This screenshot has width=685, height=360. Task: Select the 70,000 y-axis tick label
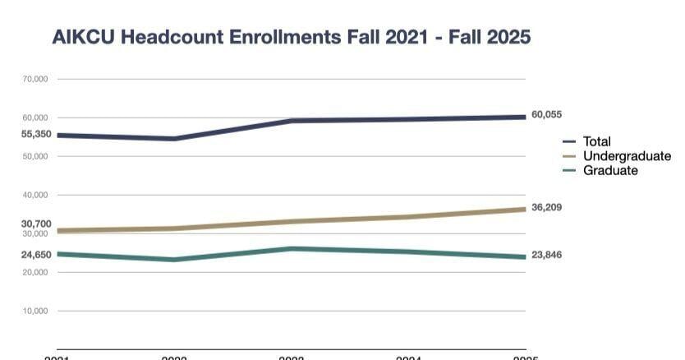pyautogui.click(x=35, y=79)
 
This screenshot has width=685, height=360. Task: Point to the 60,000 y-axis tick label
pyautogui.click(x=35, y=118)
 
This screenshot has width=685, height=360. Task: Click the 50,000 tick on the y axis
pyautogui.click(x=35, y=156)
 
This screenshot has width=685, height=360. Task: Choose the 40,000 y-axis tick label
pyautogui.click(x=35, y=195)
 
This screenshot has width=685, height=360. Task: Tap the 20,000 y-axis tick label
pyautogui.click(x=35, y=272)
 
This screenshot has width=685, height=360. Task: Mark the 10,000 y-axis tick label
pyautogui.click(x=35, y=311)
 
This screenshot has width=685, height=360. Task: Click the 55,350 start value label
pyautogui.click(x=36, y=134)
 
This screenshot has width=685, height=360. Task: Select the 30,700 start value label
pyautogui.click(x=36, y=224)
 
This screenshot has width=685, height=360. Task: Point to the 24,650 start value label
pyautogui.click(x=36, y=255)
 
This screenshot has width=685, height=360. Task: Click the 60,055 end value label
pyautogui.click(x=547, y=115)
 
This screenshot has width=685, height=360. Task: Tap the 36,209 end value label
pyautogui.click(x=547, y=207)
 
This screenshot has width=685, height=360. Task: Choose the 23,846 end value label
pyautogui.click(x=547, y=255)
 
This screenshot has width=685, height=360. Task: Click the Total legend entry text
pyautogui.click(x=597, y=141)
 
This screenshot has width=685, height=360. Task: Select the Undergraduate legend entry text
pyautogui.click(x=627, y=156)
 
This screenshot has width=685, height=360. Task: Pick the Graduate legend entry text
pyautogui.click(x=610, y=170)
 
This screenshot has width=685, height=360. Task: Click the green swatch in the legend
pyautogui.click(x=569, y=171)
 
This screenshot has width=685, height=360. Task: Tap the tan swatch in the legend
pyautogui.click(x=569, y=156)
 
